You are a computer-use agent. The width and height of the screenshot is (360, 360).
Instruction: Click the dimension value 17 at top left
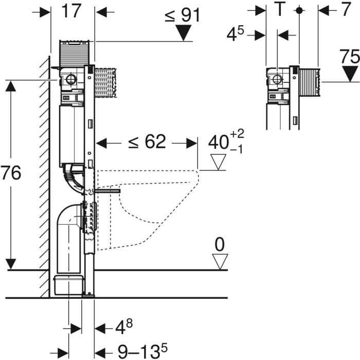click(71, 11)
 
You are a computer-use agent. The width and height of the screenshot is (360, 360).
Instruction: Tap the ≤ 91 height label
click(182, 15)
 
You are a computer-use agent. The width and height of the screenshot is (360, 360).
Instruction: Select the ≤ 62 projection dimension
click(147, 141)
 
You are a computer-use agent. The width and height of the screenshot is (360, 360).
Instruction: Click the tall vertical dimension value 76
click(11, 173)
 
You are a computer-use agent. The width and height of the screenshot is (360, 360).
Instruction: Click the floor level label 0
click(220, 245)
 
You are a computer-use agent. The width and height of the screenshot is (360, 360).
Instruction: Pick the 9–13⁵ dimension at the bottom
click(142, 350)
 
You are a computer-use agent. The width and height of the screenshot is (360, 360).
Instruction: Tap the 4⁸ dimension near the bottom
click(124, 327)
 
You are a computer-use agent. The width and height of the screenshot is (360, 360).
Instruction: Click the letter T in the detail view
click(280, 9)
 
